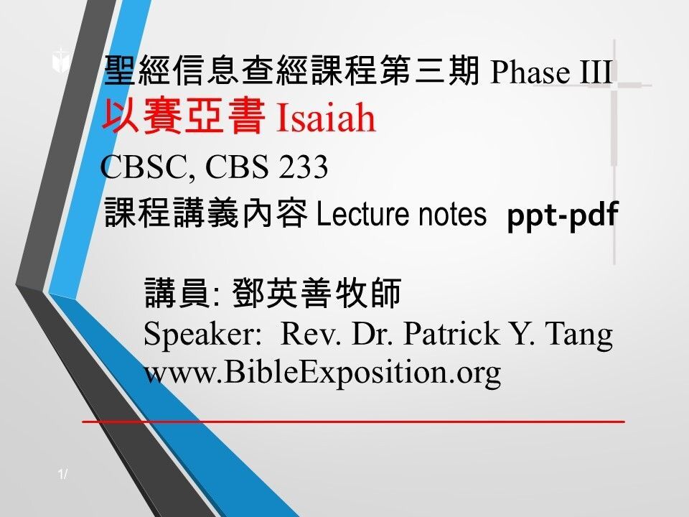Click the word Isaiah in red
coord(326,119)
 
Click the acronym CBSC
coord(146,168)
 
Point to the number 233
coord(304,168)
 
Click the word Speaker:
coord(205,334)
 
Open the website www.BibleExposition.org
coord(322,373)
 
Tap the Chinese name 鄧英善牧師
coord(317,295)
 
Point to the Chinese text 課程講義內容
coord(206,214)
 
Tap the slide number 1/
coord(64,473)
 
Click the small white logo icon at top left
coord(60,62)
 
